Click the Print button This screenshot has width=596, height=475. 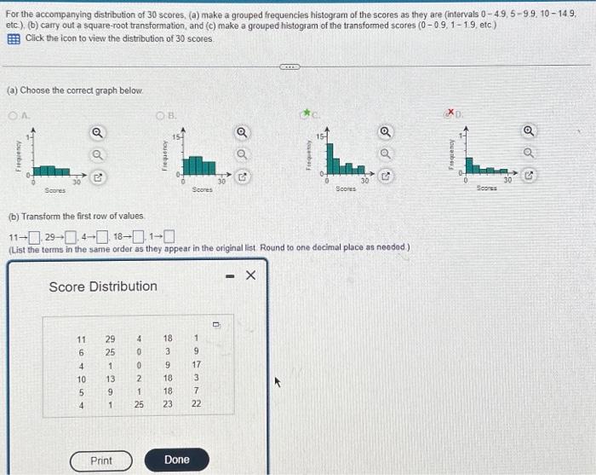pos(101,460)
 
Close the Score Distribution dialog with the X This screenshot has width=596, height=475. pos(249,275)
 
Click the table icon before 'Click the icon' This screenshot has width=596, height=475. pos(14,38)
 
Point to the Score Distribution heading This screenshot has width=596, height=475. pos(103,286)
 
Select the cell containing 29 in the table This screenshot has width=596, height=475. pos(110,338)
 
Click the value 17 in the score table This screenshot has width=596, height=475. pos(196,365)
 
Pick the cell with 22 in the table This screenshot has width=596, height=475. pos(196,403)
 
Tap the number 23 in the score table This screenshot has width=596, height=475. pos(169,403)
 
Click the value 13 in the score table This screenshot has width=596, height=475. pos(110,378)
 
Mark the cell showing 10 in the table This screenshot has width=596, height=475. pos(82,378)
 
